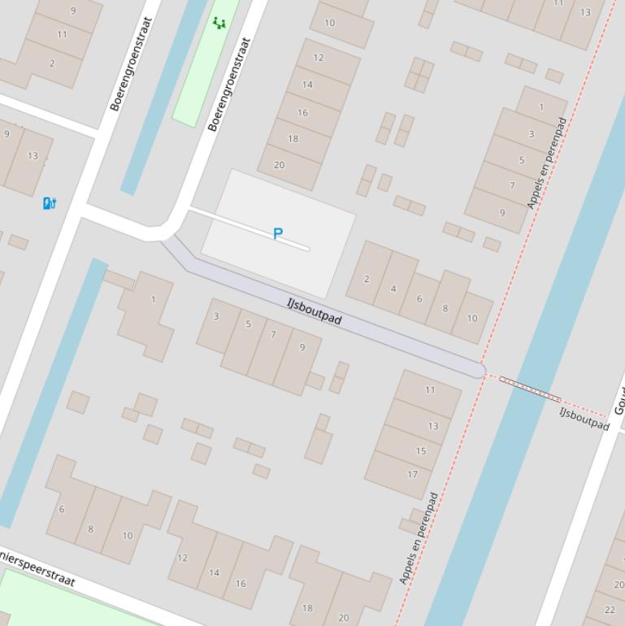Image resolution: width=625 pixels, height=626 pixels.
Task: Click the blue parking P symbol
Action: click(x=278, y=234)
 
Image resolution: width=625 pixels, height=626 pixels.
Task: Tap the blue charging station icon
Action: click(x=50, y=202)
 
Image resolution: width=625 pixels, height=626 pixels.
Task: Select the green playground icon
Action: click(x=219, y=23)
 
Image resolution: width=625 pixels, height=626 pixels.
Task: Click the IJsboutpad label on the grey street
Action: click(x=314, y=311)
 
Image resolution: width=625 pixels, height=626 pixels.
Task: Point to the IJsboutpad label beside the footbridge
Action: click(x=584, y=418)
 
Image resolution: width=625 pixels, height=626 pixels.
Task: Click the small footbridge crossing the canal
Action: click(x=530, y=389)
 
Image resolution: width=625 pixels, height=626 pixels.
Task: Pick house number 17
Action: click(x=412, y=475)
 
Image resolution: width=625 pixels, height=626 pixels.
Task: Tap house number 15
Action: click(x=421, y=451)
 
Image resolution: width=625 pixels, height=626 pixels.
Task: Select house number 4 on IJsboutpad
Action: click(x=393, y=288)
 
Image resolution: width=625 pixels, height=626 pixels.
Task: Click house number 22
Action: click(x=610, y=609)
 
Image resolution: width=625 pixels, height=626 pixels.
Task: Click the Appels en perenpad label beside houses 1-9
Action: click(x=546, y=163)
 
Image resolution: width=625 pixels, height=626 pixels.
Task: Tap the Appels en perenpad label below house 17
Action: click(x=419, y=538)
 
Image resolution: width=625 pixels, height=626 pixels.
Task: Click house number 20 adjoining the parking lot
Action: click(x=279, y=164)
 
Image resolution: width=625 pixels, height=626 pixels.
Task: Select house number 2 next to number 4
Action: click(x=367, y=279)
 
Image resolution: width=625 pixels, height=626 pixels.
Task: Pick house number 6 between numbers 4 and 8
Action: click(x=419, y=298)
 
